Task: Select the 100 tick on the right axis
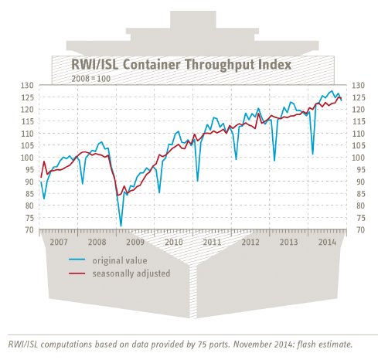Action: pyautogui.click(x=358, y=158)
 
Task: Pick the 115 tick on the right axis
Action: pyautogui.click(x=358, y=121)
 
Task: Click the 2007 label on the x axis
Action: pyautogui.click(x=59, y=242)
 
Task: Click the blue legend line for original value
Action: pyautogui.click(x=80, y=262)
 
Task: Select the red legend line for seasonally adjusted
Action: pyautogui.click(x=80, y=273)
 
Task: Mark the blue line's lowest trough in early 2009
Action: pyautogui.click(x=121, y=226)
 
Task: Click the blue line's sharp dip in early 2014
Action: pyautogui.click(x=312, y=154)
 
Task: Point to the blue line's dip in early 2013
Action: pyautogui.click(x=274, y=160)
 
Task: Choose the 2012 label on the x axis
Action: pyautogui.click(x=251, y=242)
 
